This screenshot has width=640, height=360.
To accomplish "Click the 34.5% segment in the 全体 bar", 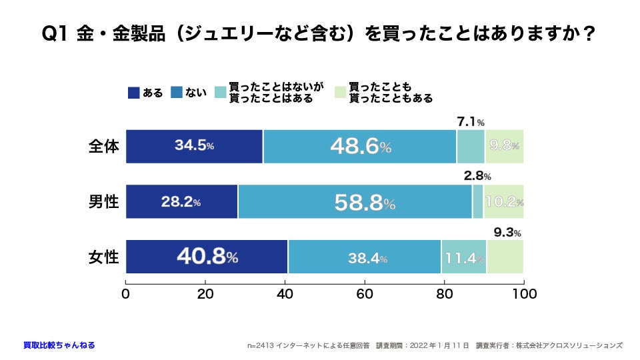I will click(x=194, y=147).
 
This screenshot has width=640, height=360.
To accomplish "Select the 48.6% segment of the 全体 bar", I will click(x=360, y=147).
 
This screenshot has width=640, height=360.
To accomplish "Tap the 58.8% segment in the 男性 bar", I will click(x=355, y=202).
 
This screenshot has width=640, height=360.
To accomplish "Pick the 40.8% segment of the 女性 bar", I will click(x=207, y=257).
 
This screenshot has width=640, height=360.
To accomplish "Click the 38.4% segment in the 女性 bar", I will click(x=365, y=257).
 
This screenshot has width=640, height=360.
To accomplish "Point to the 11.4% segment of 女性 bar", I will click(x=463, y=257).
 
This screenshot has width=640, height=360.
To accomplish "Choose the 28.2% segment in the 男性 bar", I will click(x=181, y=202).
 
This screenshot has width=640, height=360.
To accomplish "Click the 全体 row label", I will click(x=104, y=147).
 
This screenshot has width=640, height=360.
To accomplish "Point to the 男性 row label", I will click(x=104, y=202).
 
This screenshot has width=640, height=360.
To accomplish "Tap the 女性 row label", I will click(x=104, y=257).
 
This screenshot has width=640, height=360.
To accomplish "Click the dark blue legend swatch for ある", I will click(x=133, y=93).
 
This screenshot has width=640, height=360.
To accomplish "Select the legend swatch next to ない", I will click(x=177, y=93).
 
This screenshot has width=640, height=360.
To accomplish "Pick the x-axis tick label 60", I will click(x=365, y=293).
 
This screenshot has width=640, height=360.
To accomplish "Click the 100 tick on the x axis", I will click(x=524, y=293).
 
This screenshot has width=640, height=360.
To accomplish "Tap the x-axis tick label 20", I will click(x=205, y=293).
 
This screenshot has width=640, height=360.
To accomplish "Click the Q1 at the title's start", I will click(x=55, y=33).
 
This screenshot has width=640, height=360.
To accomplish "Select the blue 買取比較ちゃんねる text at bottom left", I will click(x=59, y=345).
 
